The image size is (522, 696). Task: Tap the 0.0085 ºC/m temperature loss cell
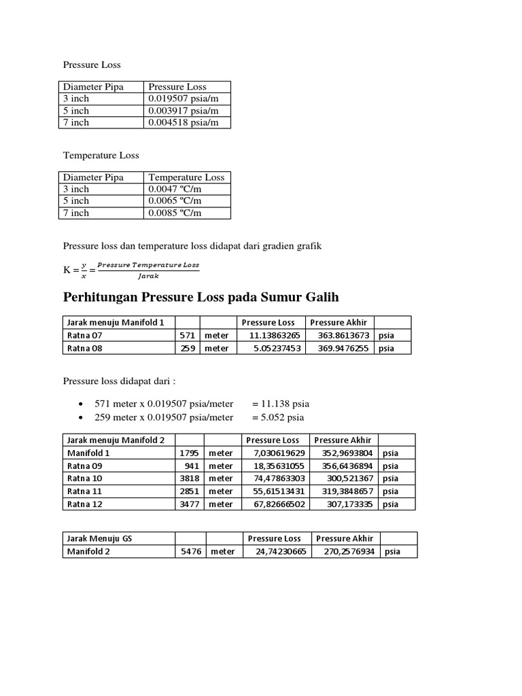click(175, 213)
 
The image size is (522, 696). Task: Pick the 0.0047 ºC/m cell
click(175, 189)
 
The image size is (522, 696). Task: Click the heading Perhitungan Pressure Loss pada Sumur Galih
click(201, 297)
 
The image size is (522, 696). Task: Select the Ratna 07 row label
click(84, 335)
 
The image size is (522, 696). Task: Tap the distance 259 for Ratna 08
click(188, 348)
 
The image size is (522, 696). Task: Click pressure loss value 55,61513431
click(275, 491)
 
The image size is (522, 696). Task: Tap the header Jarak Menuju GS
click(99, 538)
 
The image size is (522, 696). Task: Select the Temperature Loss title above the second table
click(101, 155)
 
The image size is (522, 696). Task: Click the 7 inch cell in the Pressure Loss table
click(76, 122)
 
